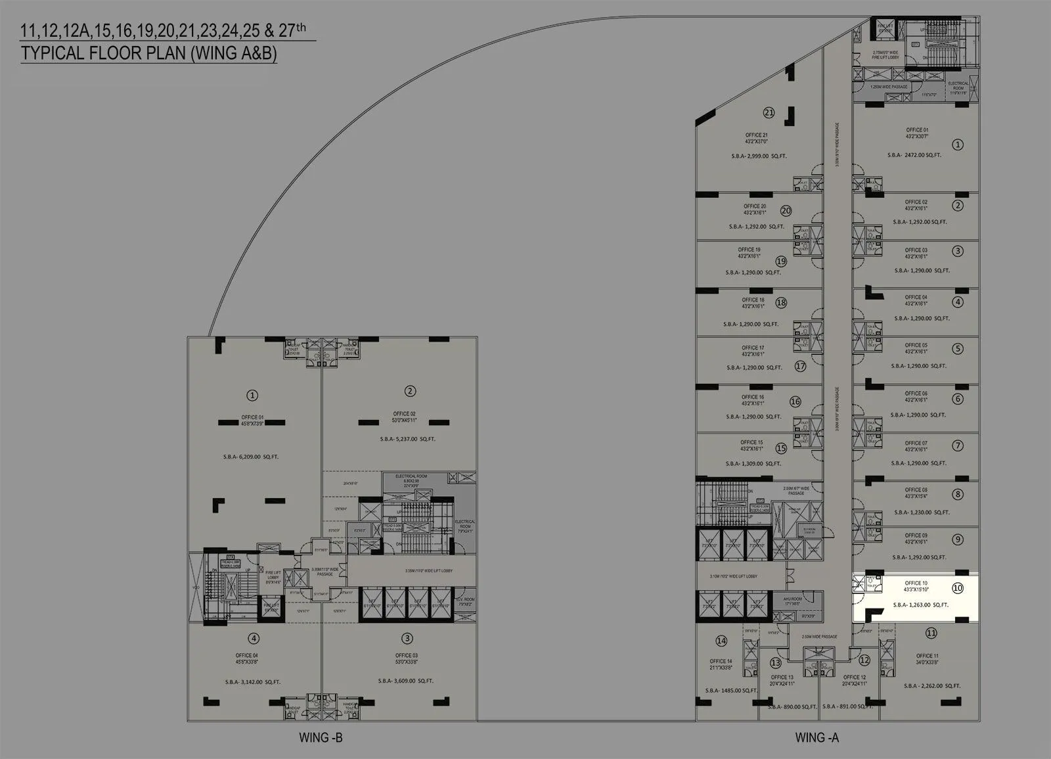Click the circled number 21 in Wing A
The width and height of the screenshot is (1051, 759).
[769, 112]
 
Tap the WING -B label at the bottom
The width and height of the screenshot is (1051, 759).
[321, 737]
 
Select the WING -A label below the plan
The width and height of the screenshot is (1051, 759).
[816, 737]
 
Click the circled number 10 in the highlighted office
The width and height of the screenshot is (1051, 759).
[958, 587]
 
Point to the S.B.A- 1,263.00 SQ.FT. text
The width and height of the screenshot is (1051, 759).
[920, 605]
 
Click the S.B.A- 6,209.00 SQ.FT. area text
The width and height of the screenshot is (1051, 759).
[250, 456]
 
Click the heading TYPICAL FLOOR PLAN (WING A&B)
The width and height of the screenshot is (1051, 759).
[148, 53]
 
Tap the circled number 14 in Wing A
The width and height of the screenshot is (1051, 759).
[721, 641]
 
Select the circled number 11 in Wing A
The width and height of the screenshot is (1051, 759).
[931, 633]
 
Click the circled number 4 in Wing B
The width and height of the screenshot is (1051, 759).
[254, 638]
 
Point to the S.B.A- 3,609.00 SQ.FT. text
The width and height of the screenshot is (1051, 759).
[405, 681]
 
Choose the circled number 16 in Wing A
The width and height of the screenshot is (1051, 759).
[795, 402]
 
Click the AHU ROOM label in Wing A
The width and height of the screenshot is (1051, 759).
[792, 599]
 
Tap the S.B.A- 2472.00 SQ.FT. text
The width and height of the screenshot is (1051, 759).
[914, 155]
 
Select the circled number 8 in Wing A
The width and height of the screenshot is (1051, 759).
[958, 494]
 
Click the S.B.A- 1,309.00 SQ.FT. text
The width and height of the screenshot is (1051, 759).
[753, 463]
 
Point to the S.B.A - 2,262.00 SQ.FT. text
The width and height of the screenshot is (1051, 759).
[931, 685]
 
